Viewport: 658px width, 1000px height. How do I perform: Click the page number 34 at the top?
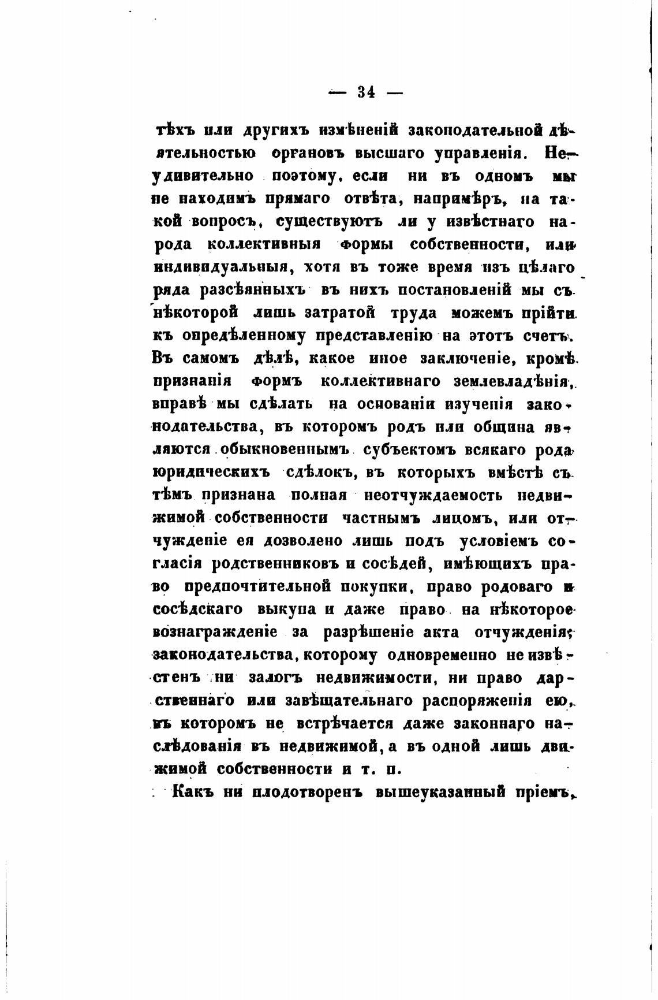pyautogui.click(x=366, y=92)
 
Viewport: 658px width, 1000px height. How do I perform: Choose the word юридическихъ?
pyautogui.click(x=211, y=473)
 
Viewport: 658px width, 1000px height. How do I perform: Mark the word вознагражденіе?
pyautogui.click(x=215, y=633)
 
